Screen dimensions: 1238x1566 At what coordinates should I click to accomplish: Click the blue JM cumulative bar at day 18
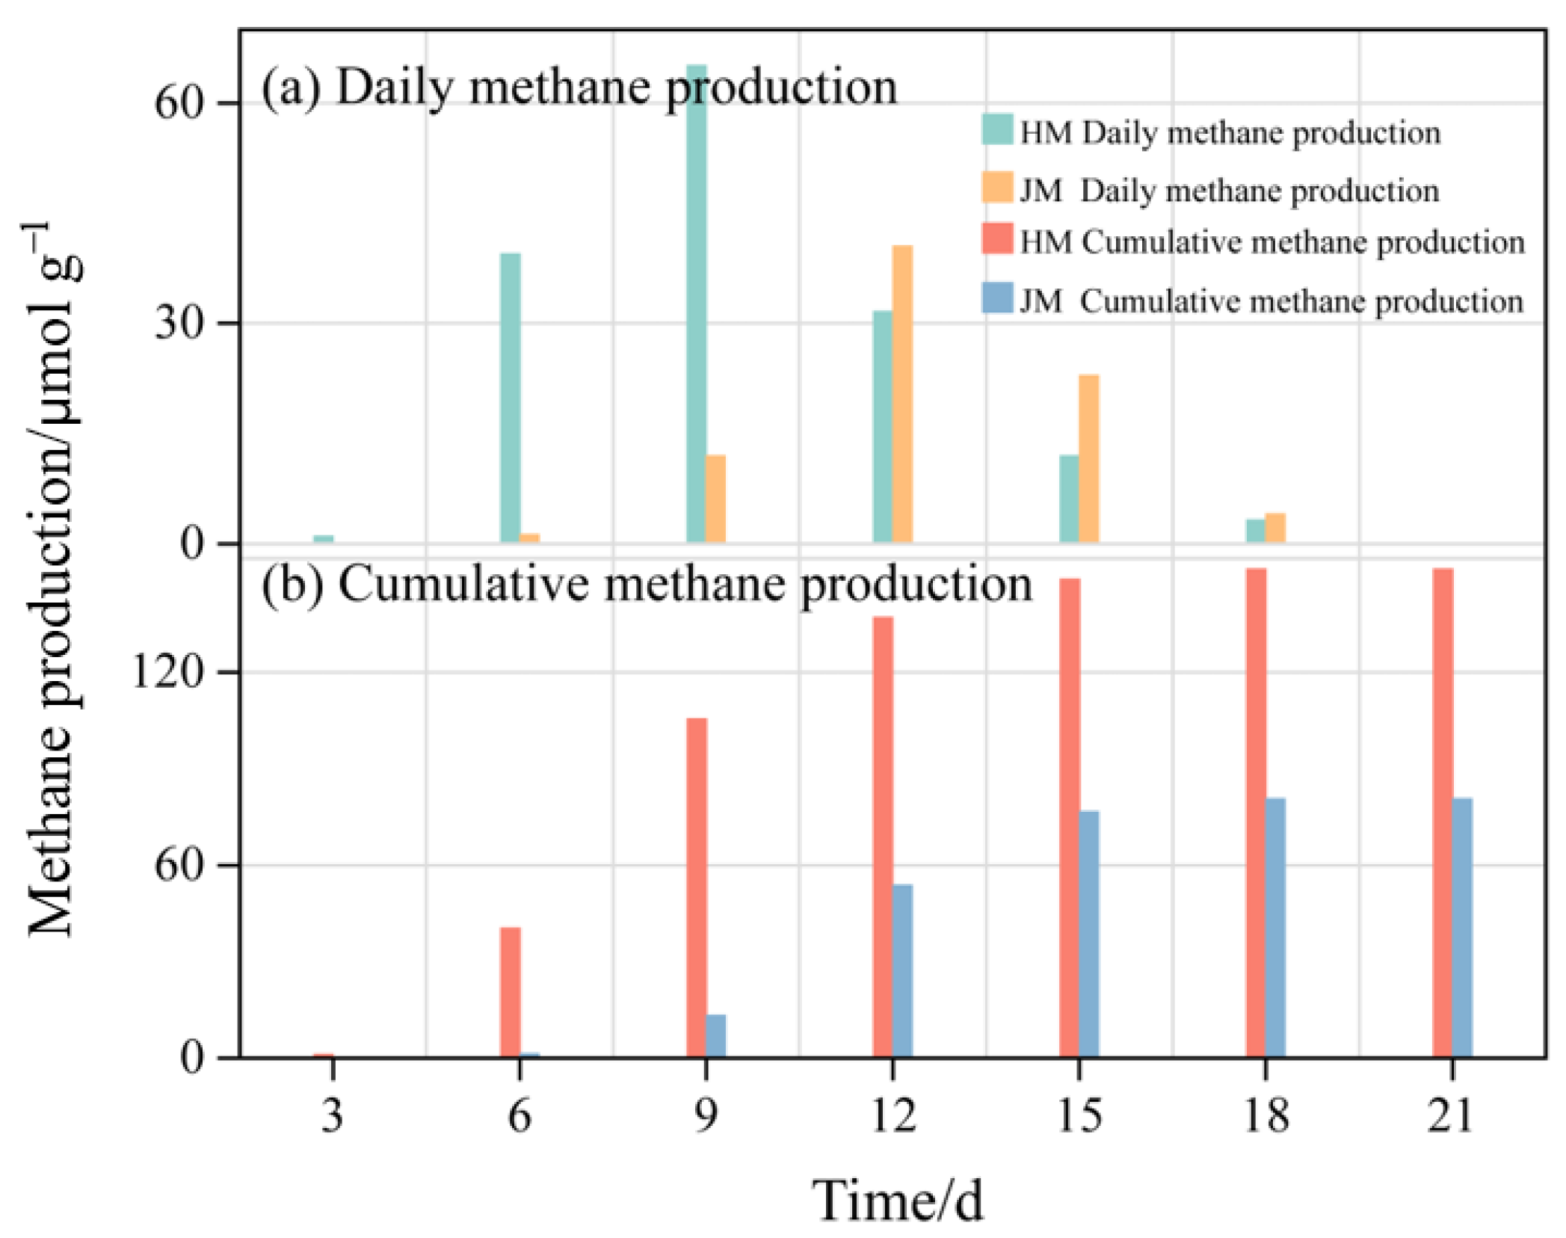(x=1275, y=927)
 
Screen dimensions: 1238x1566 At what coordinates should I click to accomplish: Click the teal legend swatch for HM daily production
(x=997, y=129)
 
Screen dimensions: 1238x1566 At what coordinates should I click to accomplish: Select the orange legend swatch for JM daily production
(x=997, y=187)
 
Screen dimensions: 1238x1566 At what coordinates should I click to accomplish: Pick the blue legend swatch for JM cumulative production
(x=997, y=298)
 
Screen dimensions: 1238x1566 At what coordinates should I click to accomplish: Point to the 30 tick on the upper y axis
(x=179, y=324)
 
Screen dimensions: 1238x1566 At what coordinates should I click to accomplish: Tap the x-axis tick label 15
(x=1079, y=1115)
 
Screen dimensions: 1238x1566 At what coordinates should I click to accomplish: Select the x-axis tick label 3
(x=333, y=1115)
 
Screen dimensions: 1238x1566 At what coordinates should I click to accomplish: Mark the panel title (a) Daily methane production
(x=579, y=87)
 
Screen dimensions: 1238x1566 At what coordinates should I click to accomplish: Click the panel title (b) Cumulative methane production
(x=647, y=584)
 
